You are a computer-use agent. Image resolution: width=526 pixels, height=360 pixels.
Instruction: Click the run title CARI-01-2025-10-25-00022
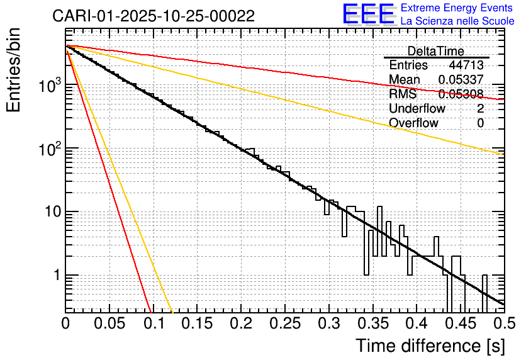click(x=154, y=16)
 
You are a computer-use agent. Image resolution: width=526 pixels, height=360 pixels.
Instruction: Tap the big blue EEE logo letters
click(x=368, y=15)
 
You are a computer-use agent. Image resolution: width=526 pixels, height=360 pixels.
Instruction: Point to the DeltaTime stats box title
click(x=435, y=51)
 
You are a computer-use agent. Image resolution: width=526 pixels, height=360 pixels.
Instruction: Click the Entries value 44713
click(x=466, y=65)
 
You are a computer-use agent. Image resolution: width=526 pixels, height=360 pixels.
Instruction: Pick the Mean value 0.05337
click(x=461, y=80)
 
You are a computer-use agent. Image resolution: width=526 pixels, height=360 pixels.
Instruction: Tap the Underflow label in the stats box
click(x=417, y=109)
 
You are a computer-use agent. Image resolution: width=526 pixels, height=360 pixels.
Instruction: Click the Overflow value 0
click(x=480, y=123)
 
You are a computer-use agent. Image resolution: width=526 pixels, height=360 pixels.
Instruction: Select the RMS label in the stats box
click(x=402, y=94)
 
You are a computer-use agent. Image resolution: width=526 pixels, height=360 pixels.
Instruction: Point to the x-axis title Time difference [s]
click(x=430, y=346)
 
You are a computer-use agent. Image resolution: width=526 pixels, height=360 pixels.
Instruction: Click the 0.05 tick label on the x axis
click(x=109, y=324)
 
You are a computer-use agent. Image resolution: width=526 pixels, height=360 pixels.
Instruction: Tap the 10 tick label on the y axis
click(x=48, y=213)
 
